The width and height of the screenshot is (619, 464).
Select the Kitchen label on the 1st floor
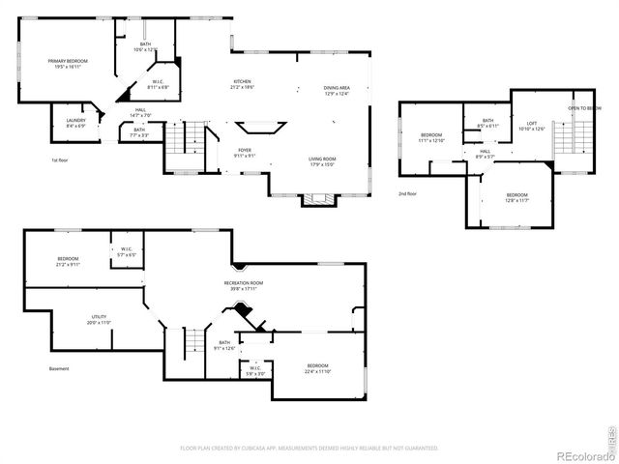[242, 84]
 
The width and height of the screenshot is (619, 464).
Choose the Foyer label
[245, 153]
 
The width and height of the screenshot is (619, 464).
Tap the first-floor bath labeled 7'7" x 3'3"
[139, 132]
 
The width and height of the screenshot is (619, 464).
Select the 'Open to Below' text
[584, 108]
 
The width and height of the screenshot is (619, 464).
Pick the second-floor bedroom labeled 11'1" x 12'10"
[431, 136]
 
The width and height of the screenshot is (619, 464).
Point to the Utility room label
[99, 319]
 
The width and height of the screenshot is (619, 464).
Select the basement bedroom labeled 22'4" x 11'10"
[317, 368]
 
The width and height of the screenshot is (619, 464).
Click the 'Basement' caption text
[60, 369]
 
